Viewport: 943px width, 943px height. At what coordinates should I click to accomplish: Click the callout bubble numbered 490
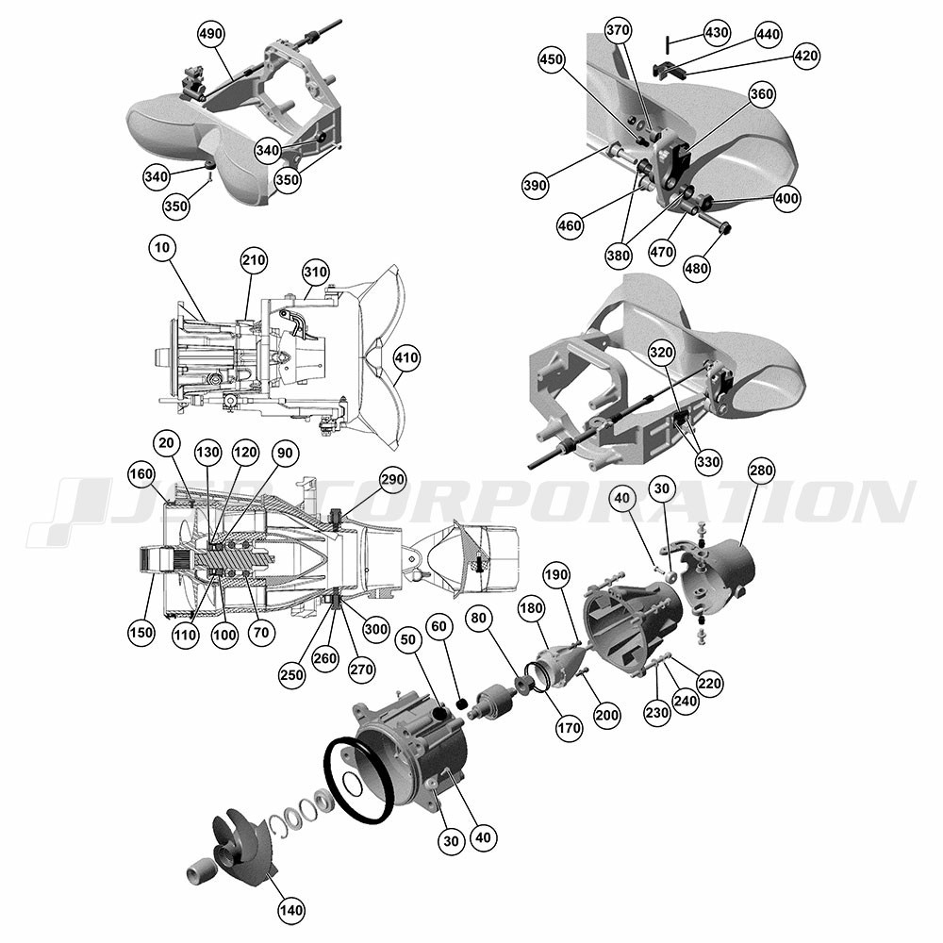210,34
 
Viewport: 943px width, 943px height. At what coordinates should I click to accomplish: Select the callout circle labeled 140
290,909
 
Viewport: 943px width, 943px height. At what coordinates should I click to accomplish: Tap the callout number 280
761,471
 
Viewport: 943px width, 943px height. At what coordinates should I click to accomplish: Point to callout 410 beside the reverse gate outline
406,357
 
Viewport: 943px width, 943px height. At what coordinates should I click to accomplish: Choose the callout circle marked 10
162,248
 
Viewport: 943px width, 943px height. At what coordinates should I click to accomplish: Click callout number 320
662,353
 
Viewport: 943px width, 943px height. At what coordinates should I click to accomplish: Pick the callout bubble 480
697,268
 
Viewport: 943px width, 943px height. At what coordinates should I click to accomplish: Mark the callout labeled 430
717,32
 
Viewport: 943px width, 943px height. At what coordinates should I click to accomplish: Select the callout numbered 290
392,479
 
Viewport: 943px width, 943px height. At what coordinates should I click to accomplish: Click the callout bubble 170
569,728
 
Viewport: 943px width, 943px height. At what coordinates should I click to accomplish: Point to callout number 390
535,185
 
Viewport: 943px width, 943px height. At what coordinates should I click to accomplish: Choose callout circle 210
254,260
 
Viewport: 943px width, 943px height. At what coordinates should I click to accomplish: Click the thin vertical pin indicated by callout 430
667,44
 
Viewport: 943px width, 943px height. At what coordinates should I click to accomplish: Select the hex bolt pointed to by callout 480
719,223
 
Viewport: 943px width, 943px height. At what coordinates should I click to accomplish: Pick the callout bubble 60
439,627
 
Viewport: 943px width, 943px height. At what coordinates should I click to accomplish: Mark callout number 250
291,675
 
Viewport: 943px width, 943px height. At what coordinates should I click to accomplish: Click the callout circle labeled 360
762,94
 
